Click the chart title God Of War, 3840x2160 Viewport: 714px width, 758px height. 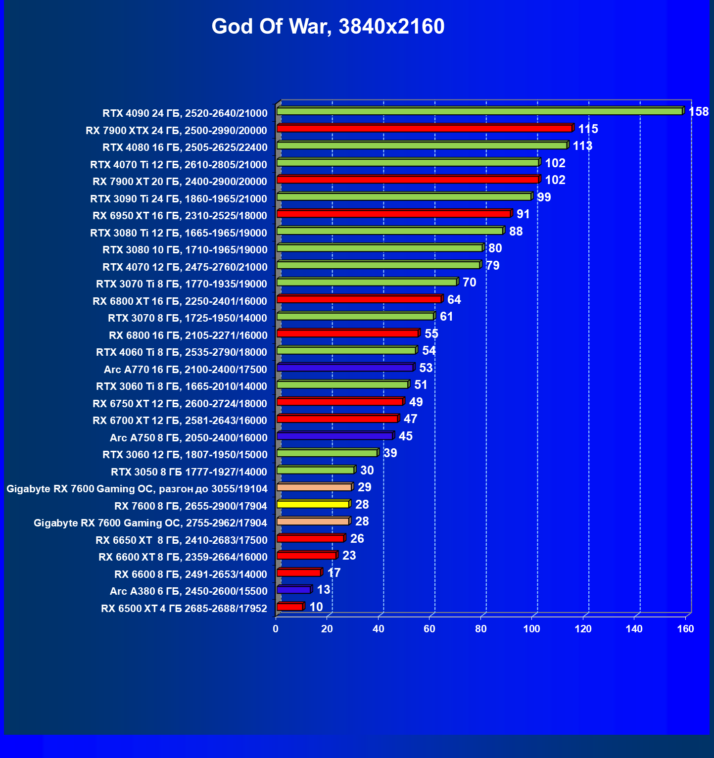click(328, 27)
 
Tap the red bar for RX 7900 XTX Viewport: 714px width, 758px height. click(424, 129)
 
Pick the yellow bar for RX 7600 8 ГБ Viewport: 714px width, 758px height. click(313, 504)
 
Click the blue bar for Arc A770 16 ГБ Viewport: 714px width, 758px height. click(345, 368)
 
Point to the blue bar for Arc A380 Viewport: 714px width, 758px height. click(294, 590)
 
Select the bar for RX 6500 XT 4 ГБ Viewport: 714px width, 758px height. click(290, 607)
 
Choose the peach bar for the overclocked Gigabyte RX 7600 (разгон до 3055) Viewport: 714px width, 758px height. click(314, 487)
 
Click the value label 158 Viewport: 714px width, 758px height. click(698, 112)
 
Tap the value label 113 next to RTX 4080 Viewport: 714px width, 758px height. click(582, 146)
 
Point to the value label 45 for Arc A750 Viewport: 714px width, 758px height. click(405, 436)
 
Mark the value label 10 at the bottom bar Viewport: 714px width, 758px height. click(316, 607)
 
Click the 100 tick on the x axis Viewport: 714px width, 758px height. click(532, 629)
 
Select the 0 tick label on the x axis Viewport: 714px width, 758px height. click(276, 629)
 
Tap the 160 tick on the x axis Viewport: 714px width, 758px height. click(685, 629)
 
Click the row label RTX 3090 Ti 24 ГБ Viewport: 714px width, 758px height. click(178, 199)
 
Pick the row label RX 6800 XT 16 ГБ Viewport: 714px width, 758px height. click(180, 301)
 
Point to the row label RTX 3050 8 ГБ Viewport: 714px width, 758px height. click(189, 472)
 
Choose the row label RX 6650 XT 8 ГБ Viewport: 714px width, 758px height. click(181, 540)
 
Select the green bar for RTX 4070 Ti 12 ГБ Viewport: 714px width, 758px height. click(408, 163)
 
